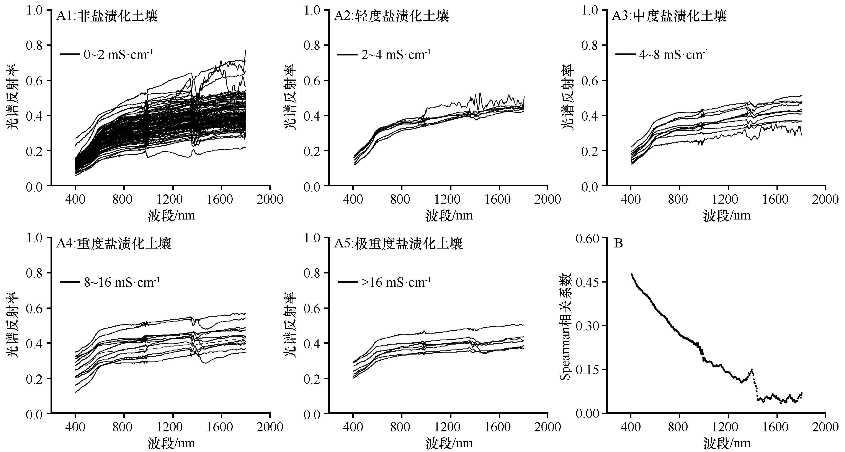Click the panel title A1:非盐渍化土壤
point(107,16)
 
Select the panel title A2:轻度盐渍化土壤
point(391,16)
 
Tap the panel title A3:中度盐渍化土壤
point(669,16)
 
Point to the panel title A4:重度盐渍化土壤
point(113,244)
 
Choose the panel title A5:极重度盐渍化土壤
point(398,244)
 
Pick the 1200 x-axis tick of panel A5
point(450,427)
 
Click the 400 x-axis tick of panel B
point(631,427)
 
